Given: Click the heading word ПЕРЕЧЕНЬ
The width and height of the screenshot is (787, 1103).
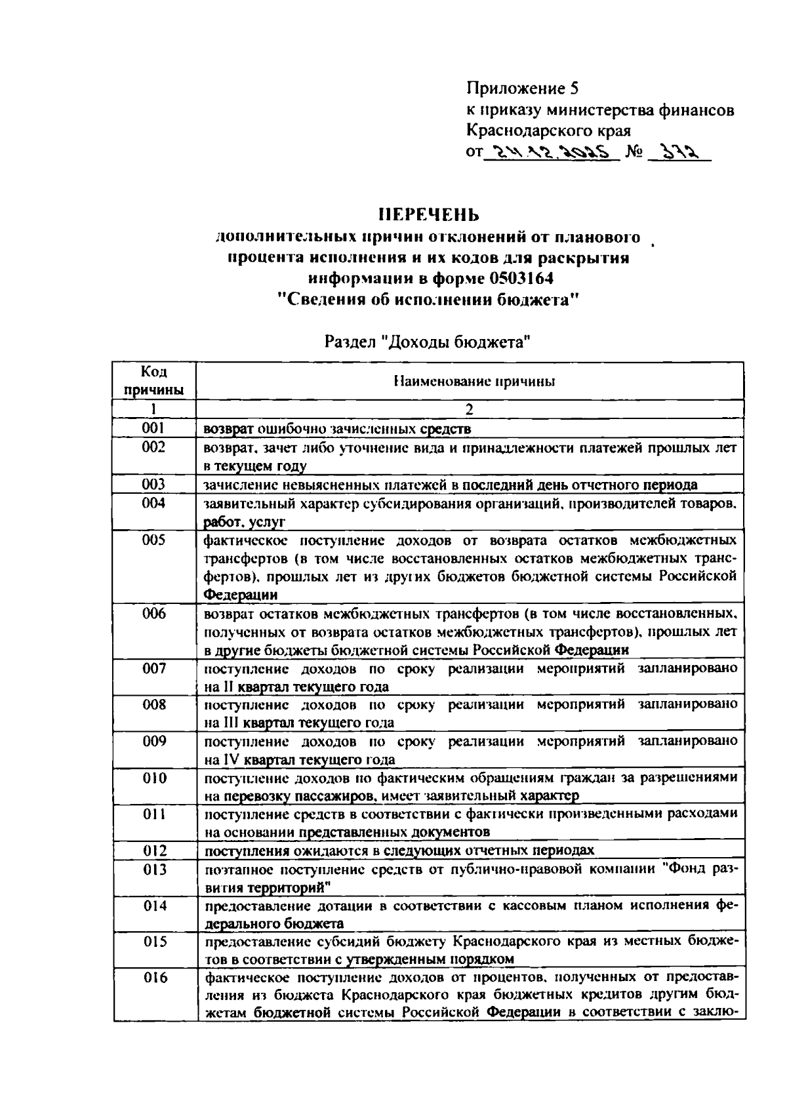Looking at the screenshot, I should [430, 215].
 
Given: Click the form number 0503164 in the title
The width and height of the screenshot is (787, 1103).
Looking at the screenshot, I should [520, 279].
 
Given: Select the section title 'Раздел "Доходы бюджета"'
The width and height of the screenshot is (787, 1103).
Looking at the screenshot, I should [427, 342].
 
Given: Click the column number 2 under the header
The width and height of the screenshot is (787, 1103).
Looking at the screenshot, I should [469, 410].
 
